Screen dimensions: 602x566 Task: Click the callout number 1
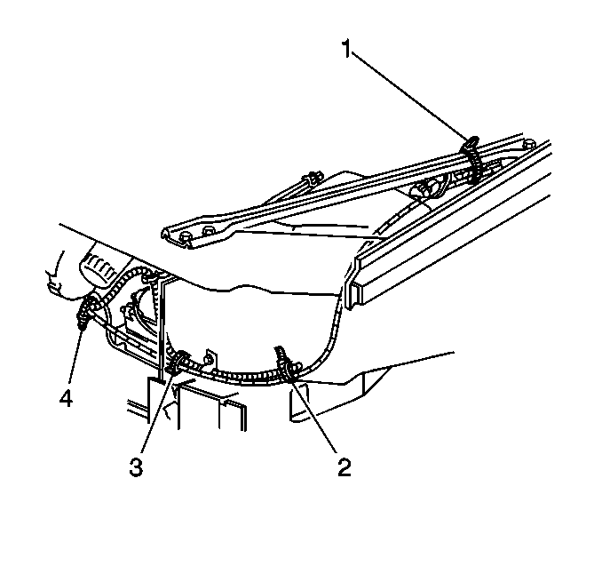tap(346, 49)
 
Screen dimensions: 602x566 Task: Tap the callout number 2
tap(344, 466)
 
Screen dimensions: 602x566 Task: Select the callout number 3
tap(137, 467)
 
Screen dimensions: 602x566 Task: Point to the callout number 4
tap(66, 398)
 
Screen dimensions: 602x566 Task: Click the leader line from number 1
tap(411, 96)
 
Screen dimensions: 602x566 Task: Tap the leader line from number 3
tap(157, 412)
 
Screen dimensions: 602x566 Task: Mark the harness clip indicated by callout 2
tap(286, 364)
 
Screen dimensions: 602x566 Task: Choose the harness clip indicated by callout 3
tap(178, 363)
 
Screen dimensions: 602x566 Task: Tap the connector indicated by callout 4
tap(85, 308)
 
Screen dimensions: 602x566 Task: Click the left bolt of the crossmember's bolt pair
tap(186, 237)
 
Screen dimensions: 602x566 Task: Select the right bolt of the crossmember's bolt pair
tap(209, 232)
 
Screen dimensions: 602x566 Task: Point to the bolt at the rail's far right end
tap(529, 144)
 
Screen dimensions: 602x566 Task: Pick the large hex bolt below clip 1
tap(424, 190)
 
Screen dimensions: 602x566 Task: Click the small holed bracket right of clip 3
tap(210, 358)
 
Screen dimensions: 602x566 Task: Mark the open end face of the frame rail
tap(354, 284)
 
